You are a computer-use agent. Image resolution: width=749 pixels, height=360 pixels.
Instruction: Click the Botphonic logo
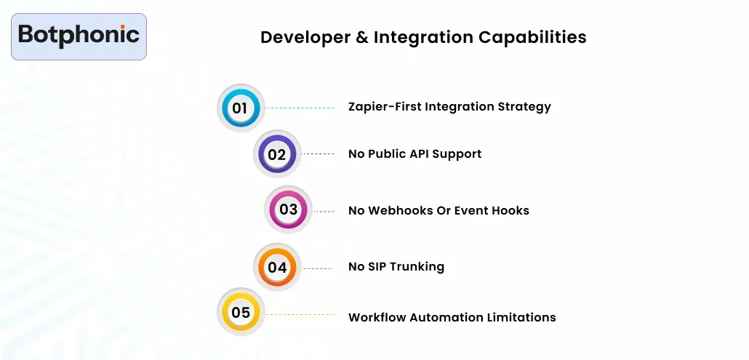79,36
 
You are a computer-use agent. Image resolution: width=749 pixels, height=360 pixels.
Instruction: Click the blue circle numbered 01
241,108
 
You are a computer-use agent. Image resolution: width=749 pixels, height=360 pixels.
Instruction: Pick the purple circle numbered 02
276,154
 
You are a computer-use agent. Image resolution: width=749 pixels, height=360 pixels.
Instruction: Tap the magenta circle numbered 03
288,210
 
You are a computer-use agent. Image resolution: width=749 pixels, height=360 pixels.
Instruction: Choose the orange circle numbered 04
276,267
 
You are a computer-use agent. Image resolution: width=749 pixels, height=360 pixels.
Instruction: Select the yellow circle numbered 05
241,313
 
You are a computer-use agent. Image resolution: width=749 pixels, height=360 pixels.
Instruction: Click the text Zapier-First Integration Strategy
449,107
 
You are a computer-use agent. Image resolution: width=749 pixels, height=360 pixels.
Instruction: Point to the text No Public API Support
414,153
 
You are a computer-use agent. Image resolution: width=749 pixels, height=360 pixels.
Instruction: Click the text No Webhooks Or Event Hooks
438,210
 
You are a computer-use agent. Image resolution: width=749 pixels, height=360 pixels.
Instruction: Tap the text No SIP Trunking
396,266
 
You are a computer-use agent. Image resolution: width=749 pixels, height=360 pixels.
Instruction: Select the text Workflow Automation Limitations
452,317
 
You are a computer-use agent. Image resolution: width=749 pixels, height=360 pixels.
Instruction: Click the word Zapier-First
384,107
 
